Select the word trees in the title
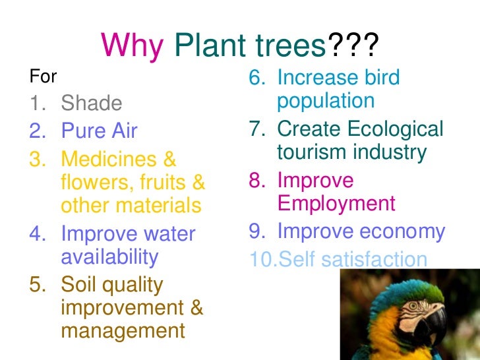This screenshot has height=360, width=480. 294,46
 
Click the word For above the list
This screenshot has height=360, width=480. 44,76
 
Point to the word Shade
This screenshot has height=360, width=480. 92,104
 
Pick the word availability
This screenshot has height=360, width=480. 109,256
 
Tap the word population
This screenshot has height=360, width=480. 326,101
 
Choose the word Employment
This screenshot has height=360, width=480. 336,203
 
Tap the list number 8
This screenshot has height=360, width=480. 256,181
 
